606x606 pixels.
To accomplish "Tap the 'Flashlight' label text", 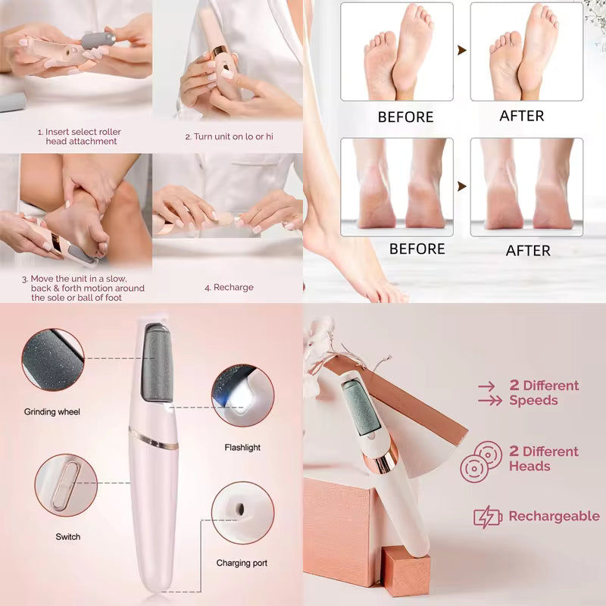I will point(242,448).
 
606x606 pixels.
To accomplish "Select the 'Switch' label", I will point(67,537).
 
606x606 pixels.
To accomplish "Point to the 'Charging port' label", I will point(242,563).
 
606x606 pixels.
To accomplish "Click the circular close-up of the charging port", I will point(242,513).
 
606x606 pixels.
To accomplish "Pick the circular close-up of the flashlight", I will point(242,396).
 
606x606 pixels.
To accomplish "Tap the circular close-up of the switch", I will point(66,486).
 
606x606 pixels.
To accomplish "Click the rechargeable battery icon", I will point(488,517).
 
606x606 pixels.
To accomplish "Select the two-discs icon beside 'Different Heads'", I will point(481,460).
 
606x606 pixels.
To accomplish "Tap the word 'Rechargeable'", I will point(554,517).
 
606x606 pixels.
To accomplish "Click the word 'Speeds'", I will point(533,401).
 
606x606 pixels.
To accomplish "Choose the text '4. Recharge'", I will point(229,288).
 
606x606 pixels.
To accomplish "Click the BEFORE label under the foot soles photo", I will point(405,117).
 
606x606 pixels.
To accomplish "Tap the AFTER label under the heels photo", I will point(528,251).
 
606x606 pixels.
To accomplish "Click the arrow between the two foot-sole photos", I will point(462,51).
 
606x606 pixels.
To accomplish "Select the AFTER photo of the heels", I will point(526,186).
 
